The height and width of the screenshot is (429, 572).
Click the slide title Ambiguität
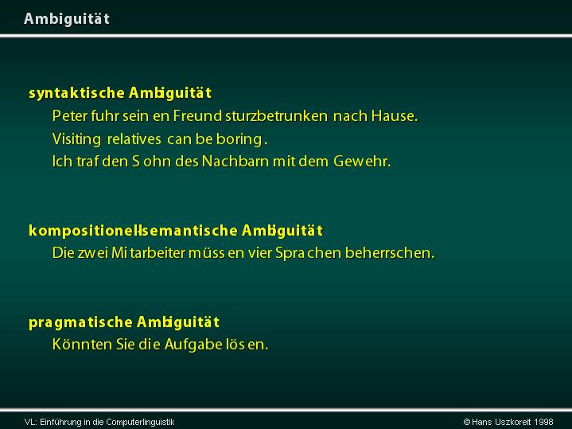click(x=67, y=19)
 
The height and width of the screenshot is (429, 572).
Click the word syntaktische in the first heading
click(x=76, y=93)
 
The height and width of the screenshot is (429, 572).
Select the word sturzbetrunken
click(x=277, y=115)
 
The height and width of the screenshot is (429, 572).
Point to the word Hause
click(x=395, y=115)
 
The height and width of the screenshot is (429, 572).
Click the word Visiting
click(x=76, y=139)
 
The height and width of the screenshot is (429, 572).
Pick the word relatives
click(x=134, y=139)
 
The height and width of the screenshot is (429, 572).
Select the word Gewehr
click(x=362, y=162)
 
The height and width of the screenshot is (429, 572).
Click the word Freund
click(x=197, y=115)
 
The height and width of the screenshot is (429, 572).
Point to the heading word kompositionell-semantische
click(x=133, y=231)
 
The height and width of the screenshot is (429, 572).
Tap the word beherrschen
click(x=390, y=252)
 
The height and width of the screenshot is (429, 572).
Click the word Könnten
click(x=82, y=345)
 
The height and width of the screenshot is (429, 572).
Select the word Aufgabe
click(x=193, y=345)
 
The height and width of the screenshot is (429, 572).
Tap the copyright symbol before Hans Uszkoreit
click(x=466, y=422)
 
